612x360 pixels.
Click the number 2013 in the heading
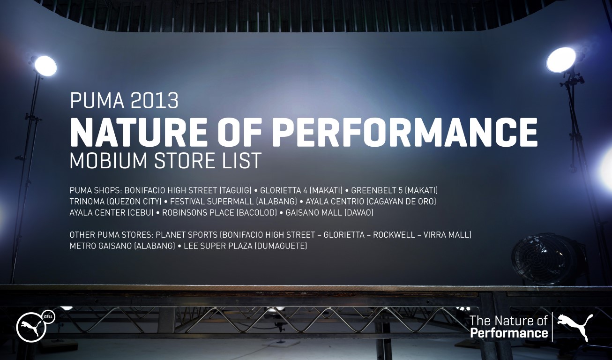tap(154, 101)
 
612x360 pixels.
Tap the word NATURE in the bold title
tap(138, 133)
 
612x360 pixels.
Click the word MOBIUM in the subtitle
tap(109, 160)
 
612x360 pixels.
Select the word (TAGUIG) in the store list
tap(235, 190)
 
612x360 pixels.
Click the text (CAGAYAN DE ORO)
tap(401, 202)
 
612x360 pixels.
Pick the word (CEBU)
tap(141, 213)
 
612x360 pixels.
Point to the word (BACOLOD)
tap(256, 213)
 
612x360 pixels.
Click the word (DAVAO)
tap(359, 213)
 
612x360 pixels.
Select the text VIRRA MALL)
tap(447, 235)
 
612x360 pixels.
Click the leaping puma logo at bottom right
tap(575, 327)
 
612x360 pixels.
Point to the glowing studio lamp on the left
tap(45, 66)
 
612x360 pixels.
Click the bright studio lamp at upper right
tap(561, 60)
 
